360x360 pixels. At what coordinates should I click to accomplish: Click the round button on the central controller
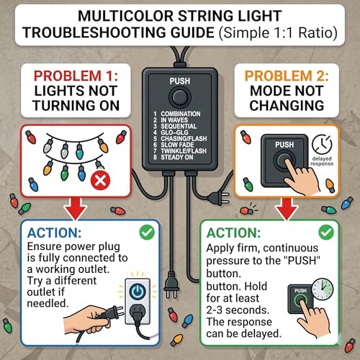click(x=180, y=97)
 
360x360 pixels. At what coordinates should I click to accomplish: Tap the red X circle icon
click(x=100, y=180)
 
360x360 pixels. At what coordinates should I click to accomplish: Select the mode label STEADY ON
click(x=177, y=157)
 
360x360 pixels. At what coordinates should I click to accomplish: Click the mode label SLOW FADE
click(x=177, y=145)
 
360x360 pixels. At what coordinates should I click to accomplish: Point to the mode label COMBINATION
click(x=181, y=114)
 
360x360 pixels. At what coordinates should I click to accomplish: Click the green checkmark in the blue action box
click(x=147, y=232)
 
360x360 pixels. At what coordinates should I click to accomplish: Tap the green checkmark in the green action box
click(x=326, y=232)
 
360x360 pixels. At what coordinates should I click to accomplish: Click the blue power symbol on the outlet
click(x=138, y=291)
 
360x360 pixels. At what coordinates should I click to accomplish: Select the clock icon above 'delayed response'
click(x=322, y=144)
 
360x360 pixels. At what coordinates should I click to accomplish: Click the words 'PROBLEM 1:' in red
click(x=76, y=76)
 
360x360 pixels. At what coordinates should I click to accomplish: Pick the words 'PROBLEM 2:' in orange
click(x=287, y=76)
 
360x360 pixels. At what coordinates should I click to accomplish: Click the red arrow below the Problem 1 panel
click(x=76, y=209)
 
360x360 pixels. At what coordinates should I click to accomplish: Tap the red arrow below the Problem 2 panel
click(x=287, y=209)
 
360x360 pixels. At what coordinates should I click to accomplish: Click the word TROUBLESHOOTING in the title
click(x=118, y=32)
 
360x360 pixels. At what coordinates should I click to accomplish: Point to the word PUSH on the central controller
click(x=180, y=81)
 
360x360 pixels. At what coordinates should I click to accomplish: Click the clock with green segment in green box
click(x=323, y=289)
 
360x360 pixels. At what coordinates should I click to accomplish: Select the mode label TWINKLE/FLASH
click(x=184, y=151)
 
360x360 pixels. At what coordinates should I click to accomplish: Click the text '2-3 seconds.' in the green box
click(x=238, y=310)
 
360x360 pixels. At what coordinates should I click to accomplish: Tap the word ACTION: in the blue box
click(x=54, y=233)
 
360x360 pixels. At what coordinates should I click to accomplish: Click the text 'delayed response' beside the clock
click(x=322, y=161)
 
